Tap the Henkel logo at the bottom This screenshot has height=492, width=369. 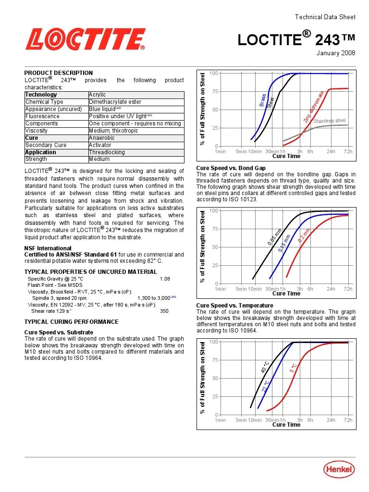pyautogui.click(x=339, y=470)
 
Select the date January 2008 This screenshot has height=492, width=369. pyautogui.click(x=335, y=53)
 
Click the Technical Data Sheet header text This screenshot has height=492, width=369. pyautogui.click(x=325, y=17)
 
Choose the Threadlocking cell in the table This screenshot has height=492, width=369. pyautogui.click(x=107, y=152)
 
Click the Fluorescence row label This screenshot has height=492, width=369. pyautogui.click(x=42, y=116)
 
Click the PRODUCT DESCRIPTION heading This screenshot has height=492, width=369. pyautogui.click(x=59, y=73)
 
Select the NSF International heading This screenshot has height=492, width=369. pyautogui.click(x=48, y=248)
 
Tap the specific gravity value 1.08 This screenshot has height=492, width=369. pyautogui.click(x=165, y=279)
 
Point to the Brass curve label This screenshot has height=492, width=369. pyautogui.click(x=263, y=100)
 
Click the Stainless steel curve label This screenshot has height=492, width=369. pyautogui.click(x=330, y=121)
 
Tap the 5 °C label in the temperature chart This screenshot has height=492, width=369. pyautogui.click(x=293, y=369)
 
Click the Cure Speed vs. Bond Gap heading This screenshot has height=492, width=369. pyautogui.click(x=231, y=168)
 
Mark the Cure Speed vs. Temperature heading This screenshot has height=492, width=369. pyautogui.click(x=234, y=306)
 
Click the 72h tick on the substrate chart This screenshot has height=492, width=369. pyautogui.click(x=348, y=152)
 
